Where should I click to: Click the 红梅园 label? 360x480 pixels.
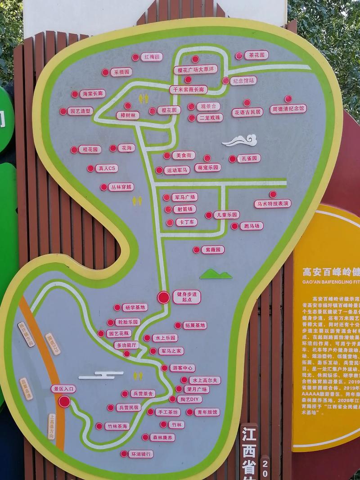pyautogui.click(x=152, y=57)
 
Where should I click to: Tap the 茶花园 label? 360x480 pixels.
pyautogui.click(x=256, y=55)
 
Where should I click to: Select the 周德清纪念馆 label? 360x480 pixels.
pyautogui.click(x=288, y=108)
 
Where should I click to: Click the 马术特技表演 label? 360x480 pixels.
pyautogui.click(x=273, y=204)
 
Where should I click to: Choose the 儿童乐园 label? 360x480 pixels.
pyautogui.click(x=226, y=215)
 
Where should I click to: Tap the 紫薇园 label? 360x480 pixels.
pyautogui.click(x=212, y=250)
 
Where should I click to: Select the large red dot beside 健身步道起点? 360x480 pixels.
pyautogui.click(x=164, y=297)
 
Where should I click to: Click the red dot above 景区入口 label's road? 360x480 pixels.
pyautogui.click(x=64, y=401)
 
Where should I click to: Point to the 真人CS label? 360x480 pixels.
pyautogui.click(x=106, y=168)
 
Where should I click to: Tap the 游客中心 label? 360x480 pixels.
pyautogui.click(x=183, y=368)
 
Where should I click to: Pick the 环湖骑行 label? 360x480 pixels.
pyautogui.click(x=140, y=454)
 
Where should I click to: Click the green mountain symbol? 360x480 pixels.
pyautogui.click(x=216, y=274)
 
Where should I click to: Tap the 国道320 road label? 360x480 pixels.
pyautogui.click(x=53, y=344)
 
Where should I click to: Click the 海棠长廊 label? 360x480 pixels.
pyautogui.click(x=93, y=94)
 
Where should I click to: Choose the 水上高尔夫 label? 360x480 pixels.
pyautogui.click(x=205, y=380)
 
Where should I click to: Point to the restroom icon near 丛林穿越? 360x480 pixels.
pyautogui.click(x=137, y=201)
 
